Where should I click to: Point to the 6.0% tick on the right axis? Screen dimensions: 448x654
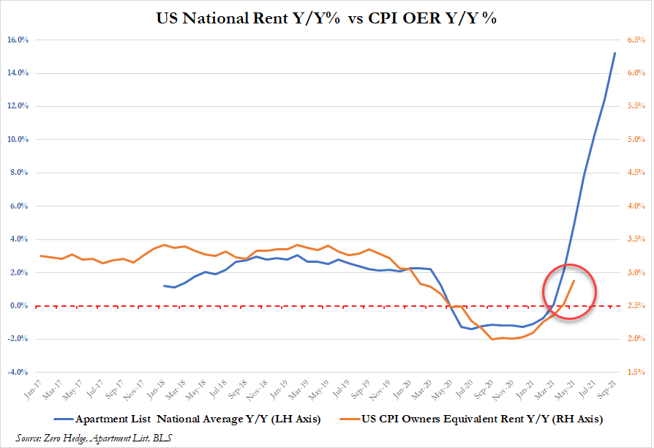[634, 73]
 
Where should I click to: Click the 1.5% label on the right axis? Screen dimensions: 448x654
[634, 372]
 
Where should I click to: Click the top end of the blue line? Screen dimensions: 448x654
[614, 53]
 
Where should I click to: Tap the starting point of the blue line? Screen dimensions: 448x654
[164, 285]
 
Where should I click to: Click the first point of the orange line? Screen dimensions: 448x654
[41, 255]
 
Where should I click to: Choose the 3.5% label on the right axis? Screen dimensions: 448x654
[634, 239]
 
